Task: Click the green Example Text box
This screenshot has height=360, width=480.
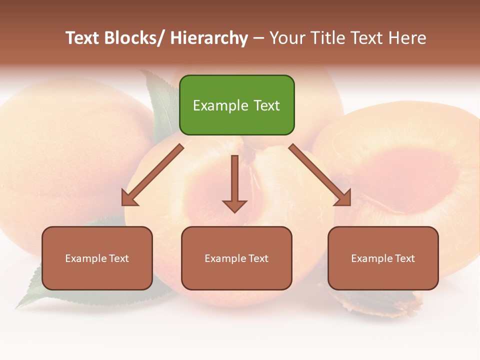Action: click(x=236, y=105)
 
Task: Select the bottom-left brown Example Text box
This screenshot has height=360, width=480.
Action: click(x=97, y=258)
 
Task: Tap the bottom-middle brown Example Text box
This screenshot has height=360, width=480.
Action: click(x=236, y=258)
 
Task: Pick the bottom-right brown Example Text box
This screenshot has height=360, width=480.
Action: click(x=383, y=258)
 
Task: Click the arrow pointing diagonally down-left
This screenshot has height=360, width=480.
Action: click(x=152, y=175)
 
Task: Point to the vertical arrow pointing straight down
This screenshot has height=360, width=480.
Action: click(x=234, y=183)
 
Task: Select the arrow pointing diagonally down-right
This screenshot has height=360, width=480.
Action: click(x=320, y=175)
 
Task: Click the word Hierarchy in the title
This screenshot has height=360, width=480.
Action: click(x=209, y=38)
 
